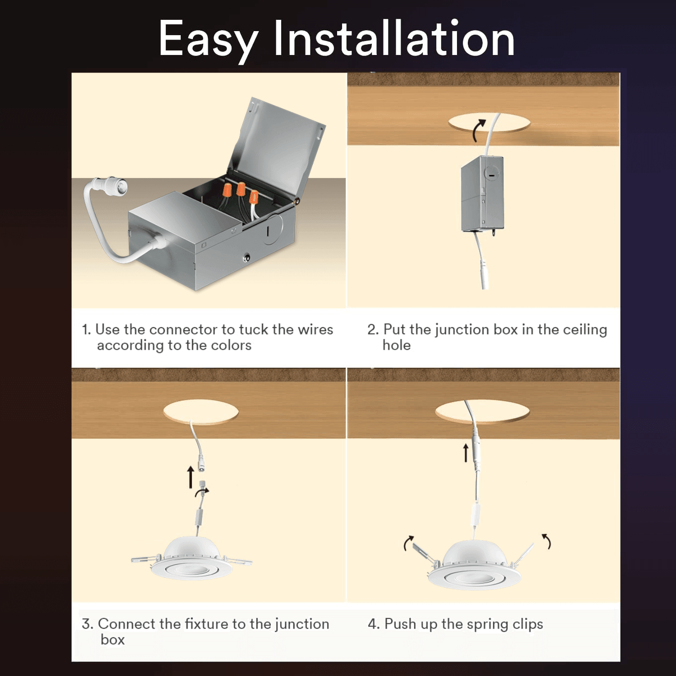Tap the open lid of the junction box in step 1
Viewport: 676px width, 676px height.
(x=277, y=144)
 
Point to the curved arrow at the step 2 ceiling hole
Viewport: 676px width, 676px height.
(x=479, y=130)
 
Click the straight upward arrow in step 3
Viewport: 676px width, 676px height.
(x=191, y=477)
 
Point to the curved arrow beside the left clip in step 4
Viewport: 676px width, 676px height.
(x=408, y=543)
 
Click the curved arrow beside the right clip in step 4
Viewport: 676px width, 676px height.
(x=547, y=541)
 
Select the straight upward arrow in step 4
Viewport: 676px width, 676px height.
(x=466, y=452)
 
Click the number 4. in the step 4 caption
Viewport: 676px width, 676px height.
(x=374, y=624)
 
